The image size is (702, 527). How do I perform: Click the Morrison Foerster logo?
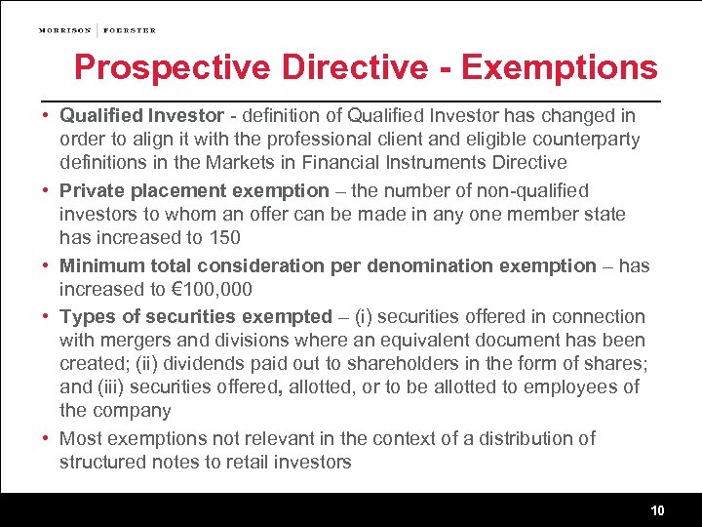tap(97, 30)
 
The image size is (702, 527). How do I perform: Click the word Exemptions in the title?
tap(559, 67)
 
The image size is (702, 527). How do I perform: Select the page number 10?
tap(658, 511)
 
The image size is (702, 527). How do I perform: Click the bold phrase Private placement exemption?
tap(194, 190)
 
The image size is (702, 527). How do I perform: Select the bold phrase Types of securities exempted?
tap(196, 316)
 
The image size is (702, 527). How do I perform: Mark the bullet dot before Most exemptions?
tap(46, 439)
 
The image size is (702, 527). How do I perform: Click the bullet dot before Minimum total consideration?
tap(46, 265)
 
